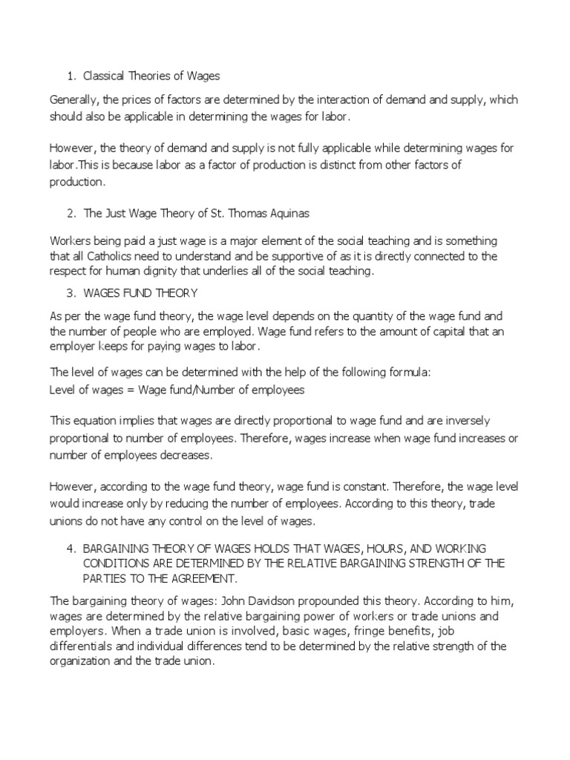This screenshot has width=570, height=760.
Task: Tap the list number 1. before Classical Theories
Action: pos(71,76)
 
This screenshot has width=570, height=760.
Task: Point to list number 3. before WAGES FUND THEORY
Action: pos(71,293)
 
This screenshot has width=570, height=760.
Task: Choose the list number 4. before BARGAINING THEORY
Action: pos(71,548)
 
